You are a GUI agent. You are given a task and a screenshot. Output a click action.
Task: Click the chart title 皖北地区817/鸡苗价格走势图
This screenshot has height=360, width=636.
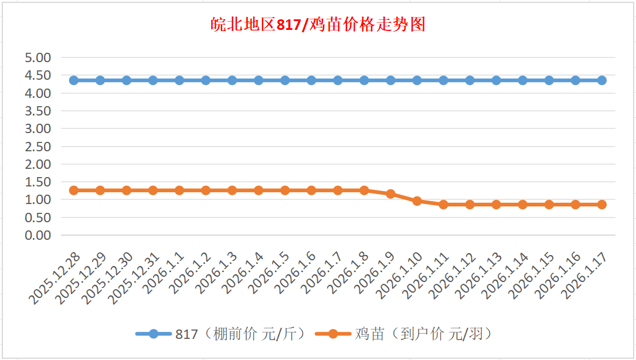click(318, 25)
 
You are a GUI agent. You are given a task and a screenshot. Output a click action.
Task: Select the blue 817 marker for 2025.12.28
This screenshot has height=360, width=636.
click(74, 80)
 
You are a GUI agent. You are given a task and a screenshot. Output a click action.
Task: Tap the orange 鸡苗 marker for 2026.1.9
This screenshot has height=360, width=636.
click(391, 194)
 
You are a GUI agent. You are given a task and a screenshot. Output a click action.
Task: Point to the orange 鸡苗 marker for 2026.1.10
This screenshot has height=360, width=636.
click(417, 201)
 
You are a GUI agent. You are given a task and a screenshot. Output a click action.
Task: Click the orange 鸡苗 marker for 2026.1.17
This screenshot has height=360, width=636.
click(602, 205)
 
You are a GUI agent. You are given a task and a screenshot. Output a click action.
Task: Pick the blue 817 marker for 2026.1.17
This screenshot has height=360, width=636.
click(602, 80)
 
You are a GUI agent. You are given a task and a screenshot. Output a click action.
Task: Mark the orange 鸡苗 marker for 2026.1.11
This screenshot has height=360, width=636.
click(444, 205)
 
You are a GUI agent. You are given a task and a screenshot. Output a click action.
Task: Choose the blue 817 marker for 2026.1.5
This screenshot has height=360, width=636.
click(285, 80)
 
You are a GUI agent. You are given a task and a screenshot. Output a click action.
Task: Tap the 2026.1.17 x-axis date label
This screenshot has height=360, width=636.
click(584, 276)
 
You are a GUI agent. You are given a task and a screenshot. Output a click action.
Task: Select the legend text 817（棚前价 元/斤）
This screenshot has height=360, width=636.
click(241, 334)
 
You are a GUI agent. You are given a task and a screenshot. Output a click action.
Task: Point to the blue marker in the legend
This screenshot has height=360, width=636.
click(154, 334)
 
